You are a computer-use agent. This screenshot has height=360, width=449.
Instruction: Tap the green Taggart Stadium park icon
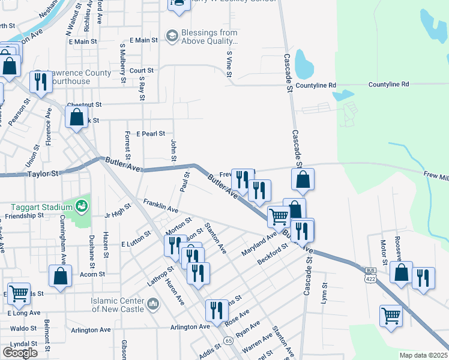(x=82, y=207)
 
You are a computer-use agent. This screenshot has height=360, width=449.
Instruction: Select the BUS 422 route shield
(x=370, y=277)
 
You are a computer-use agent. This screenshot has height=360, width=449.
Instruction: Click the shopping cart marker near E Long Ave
(x=18, y=293)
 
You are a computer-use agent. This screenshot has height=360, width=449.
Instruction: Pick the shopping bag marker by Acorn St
(x=60, y=276)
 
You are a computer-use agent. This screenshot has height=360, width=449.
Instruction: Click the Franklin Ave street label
(x=160, y=207)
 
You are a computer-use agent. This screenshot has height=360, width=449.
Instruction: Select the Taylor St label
(x=44, y=174)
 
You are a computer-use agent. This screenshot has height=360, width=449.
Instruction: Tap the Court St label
(x=142, y=70)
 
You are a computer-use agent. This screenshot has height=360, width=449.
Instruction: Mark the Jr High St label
(x=118, y=213)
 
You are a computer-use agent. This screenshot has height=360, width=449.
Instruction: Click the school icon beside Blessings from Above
(x=172, y=37)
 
